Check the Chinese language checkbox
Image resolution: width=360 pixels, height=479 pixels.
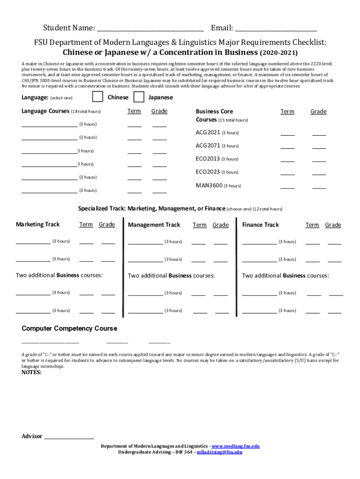(98, 97)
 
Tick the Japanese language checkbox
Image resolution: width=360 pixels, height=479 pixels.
(139, 97)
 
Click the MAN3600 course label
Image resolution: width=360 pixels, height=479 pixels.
(209, 185)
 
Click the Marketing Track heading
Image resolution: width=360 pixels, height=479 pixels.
(38, 225)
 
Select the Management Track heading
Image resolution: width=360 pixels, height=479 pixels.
(154, 225)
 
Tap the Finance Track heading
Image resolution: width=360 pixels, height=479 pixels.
(260, 225)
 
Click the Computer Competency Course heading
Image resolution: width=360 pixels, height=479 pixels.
(69, 328)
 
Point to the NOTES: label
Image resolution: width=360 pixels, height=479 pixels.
(31, 372)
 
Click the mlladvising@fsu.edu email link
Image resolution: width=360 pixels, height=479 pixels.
(219, 452)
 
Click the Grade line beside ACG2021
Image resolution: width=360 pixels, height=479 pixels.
(319, 135)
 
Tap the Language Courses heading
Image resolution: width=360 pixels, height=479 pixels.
(45, 111)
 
